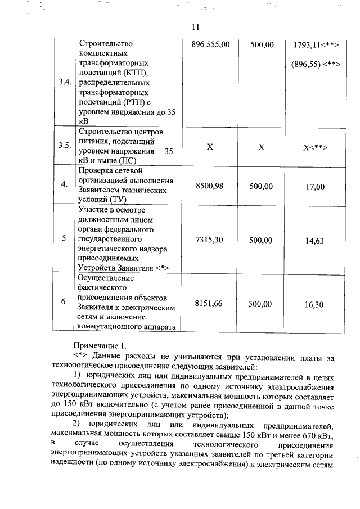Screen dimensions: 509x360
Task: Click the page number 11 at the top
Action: pos(195,27)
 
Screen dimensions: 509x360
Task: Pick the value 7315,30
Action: pos(210,240)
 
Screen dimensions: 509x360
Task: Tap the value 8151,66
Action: pos(210,303)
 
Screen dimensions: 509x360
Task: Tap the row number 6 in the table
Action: pos(64,302)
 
